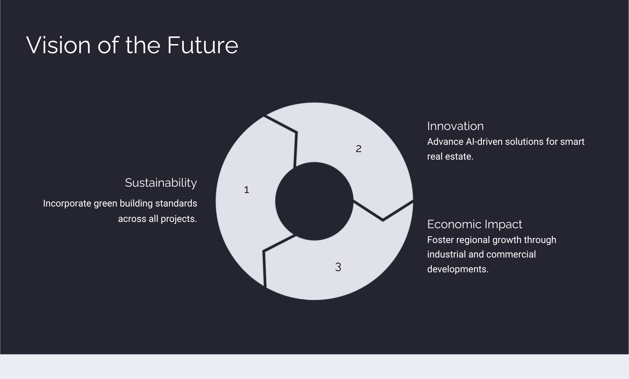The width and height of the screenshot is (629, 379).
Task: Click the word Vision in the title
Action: click(59, 45)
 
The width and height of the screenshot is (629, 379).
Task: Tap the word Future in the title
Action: click(203, 45)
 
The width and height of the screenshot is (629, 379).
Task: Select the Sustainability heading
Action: click(161, 183)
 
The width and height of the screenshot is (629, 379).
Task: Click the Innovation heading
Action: click(455, 126)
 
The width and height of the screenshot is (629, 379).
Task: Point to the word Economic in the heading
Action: click(454, 224)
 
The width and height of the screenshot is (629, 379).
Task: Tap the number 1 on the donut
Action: click(247, 190)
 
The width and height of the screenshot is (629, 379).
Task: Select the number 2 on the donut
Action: click(359, 149)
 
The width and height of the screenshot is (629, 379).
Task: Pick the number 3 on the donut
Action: click(338, 267)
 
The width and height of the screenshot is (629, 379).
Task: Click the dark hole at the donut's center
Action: click(314, 201)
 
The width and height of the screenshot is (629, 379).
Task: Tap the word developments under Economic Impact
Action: click(458, 269)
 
